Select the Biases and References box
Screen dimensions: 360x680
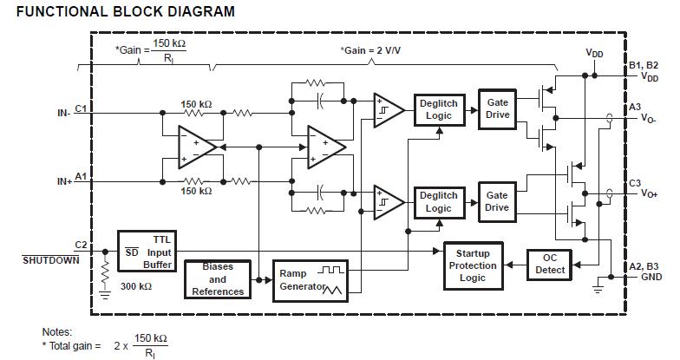coord(218,279)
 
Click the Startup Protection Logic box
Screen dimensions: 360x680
coord(473,265)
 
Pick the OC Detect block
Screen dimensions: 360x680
coord(549,264)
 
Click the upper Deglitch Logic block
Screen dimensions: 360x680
coord(438,110)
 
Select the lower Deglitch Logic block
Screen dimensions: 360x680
coord(438,201)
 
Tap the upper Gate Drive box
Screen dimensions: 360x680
coord(497,109)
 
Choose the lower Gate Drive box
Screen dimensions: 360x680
coord(497,201)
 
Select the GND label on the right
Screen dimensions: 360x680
coord(651,278)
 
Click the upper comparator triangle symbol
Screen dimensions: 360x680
coord(388,110)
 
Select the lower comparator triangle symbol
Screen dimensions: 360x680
coord(388,201)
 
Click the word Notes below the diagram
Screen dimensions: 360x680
coord(57,331)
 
